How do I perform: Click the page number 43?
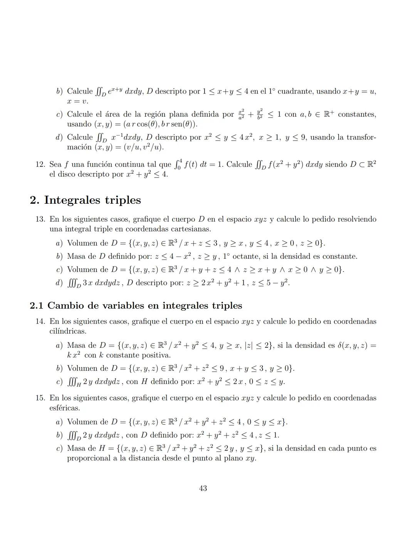coord(203,488)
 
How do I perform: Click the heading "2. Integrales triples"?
coord(85,200)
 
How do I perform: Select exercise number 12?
coord(40,164)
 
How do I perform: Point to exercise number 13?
coord(40,220)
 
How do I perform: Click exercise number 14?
coord(40,322)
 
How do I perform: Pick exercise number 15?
coord(40,398)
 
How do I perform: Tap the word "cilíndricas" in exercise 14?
coord(68,331)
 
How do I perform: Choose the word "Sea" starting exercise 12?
coord(55,164)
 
